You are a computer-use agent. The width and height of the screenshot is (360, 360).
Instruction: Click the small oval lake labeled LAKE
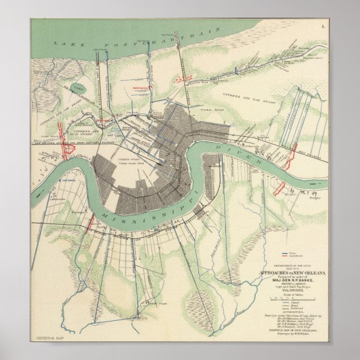point(78,88)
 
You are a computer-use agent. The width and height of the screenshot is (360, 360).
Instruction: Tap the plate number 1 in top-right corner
point(323,26)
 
